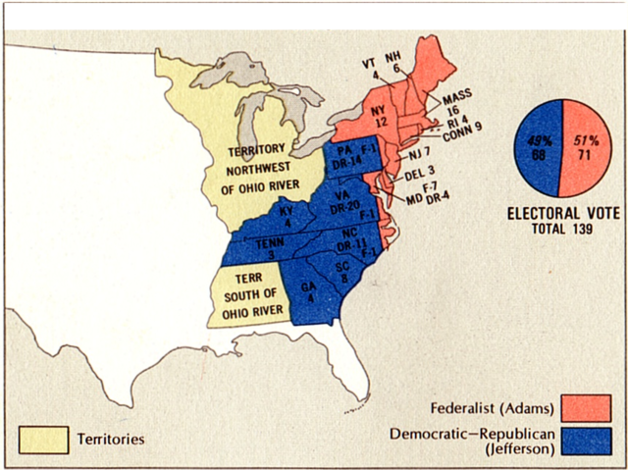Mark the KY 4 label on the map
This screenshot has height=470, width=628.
[286, 216]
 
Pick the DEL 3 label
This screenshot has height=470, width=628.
[420, 175]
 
